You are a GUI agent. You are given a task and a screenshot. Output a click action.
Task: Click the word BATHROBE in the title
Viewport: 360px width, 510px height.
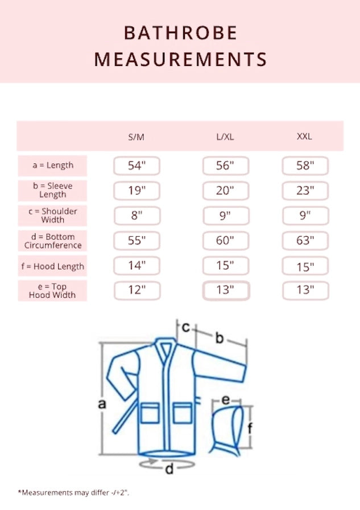coord(180,33)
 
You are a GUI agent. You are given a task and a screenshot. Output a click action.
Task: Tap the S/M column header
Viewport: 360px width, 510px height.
coord(136,137)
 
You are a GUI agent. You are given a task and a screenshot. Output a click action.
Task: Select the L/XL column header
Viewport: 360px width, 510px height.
coord(225,137)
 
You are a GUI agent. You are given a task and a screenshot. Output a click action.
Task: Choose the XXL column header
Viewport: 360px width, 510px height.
coord(304,136)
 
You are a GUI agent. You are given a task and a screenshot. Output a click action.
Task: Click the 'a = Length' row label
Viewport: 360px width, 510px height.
coord(53,165)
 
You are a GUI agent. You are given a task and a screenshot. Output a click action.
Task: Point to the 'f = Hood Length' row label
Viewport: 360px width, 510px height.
coord(53,266)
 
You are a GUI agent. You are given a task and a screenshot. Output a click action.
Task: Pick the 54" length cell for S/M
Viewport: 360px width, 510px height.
coord(137,166)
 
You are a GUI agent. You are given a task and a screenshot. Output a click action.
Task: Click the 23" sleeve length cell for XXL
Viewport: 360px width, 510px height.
coord(305,191)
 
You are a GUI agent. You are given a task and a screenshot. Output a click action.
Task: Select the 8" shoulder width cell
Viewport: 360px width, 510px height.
coord(137,215)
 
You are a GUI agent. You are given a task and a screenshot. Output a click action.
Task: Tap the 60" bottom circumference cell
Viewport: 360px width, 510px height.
coord(225,240)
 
